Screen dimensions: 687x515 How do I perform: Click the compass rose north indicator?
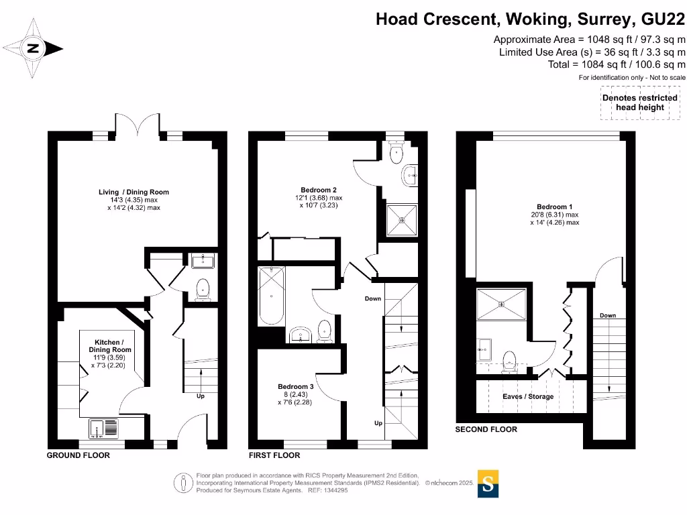pyautogui.click(x=32, y=48)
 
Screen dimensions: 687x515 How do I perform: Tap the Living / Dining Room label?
pyautogui.click(x=134, y=192)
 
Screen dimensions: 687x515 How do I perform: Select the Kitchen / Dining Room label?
pyautogui.click(x=109, y=346)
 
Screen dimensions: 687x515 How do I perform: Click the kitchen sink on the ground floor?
pyautogui.click(x=103, y=428)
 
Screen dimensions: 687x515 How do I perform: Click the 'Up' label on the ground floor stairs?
pyautogui.click(x=200, y=396)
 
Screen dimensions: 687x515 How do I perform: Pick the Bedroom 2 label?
pyautogui.click(x=319, y=190)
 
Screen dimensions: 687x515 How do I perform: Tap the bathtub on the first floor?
pyautogui.click(x=271, y=296)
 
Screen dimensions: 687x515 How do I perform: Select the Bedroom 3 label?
pyautogui.click(x=296, y=387)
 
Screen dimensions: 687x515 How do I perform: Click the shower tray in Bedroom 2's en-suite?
pyautogui.click(x=402, y=220)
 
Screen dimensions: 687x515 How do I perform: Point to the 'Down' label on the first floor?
pyautogui.click(x=373, y=298)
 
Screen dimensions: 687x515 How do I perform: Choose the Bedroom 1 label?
pyautogui.click(x=555, y=207)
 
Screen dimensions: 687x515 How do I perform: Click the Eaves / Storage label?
pyautogui.click(x=528, y=396)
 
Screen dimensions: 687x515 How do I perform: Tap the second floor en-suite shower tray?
pyautogui.click(x=501, y=304)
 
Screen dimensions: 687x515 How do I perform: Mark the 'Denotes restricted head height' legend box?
pyautogui.click(x=640, y=103)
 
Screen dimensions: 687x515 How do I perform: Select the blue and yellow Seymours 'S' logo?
pyautogui.click(x=488, y=483)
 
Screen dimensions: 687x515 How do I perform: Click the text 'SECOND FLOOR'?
pyautogui.click(x=486, y=429)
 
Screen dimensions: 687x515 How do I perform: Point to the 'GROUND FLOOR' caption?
pyautogui.click(x=78, y=455)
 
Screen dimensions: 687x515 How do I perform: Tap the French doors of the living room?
pyautogui.click(x=138, y=125)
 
